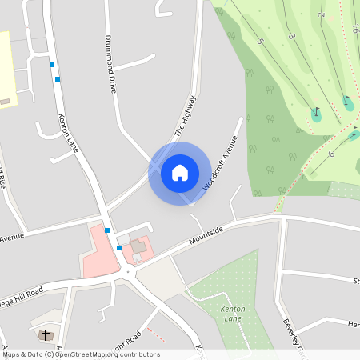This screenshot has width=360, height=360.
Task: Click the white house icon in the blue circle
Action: pyautogui.click(x=179, y=173)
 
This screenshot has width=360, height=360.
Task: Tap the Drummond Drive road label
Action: pyautogui.click(x=111, y=64)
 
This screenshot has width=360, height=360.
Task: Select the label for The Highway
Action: pyautogui.click(x=185, y=116)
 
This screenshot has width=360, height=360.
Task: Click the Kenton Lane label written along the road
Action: pyautogui.click(x=69, y=134)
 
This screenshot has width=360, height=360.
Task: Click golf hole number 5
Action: pyautogui.click(x=260, y=40)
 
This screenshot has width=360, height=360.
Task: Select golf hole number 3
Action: pyautogui.click(x=291, y=37)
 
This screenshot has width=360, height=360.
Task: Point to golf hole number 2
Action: pyautogui.click(x=321, y=15)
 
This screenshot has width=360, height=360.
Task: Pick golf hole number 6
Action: pyautogui.click(x=330, y=153)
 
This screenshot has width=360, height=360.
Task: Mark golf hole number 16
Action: pyautogui.click(x=354, y=29)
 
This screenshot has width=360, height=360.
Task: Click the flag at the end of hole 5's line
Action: pyautogui.click(x=316, y=114)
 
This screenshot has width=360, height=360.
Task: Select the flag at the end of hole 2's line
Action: pyautogui.click(x=348, y=102)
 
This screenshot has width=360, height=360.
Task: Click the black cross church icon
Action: pyautogui.click(x=46, y=334)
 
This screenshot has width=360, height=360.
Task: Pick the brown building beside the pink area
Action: pyautogui.click(x=138, y=247)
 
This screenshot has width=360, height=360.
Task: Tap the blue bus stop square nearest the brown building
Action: pyautogui.click(x=119, y=248)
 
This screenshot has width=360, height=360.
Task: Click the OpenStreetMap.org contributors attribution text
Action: pyautogui.click(x=108, y=354)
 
